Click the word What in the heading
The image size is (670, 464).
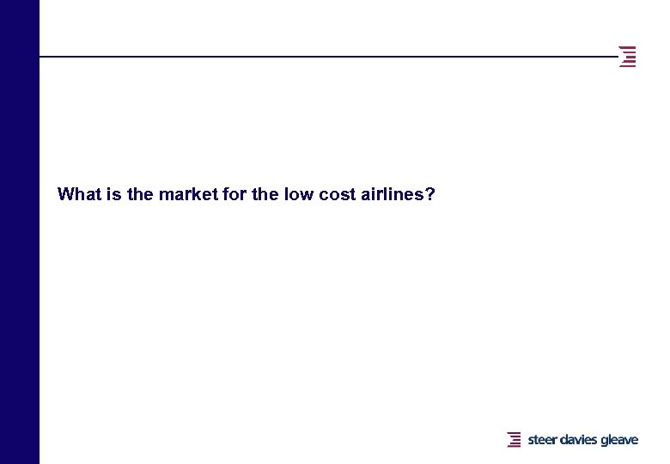point(78,194)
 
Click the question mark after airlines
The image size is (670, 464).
point(430,194)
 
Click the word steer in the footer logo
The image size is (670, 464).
point(543,440)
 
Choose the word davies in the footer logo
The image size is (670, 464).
point(579,440)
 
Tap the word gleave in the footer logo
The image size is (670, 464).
point(619,440)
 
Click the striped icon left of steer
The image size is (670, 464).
point(515,440)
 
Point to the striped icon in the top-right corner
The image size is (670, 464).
point(629,57)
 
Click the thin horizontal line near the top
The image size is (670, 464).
point(326,57)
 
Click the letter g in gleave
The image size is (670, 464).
point(605,441)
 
